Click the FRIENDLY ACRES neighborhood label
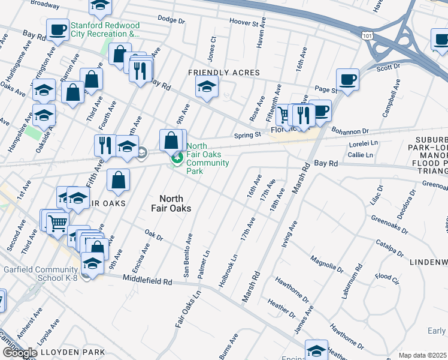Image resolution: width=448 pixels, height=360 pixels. (x=224, y=73)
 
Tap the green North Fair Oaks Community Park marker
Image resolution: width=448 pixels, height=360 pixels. (x=177, y=158)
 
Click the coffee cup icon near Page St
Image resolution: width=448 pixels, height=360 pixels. (x=347, y=79)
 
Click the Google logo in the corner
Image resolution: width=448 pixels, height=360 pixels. (x=20, y=353)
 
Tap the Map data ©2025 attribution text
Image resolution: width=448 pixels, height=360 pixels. (x=422, y=355)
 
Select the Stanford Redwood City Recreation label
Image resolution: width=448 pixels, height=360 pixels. (x=105, y=30)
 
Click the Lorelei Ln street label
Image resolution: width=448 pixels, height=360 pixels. (x=364, y=144)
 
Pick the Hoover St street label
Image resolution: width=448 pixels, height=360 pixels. (x=247, y=22)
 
